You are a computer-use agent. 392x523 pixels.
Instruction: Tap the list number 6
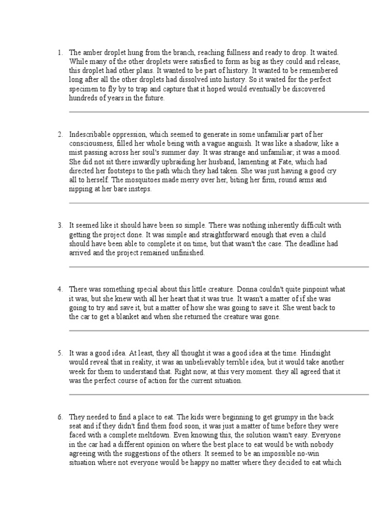click(x=60, y=417)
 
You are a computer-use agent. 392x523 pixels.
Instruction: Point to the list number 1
click(x=60, y=53)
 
